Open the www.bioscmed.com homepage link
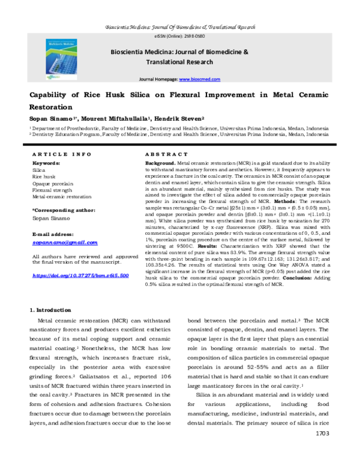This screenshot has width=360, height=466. [x=197, y=80]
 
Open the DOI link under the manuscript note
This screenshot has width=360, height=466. [x=80, y=275]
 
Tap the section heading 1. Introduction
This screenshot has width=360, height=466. [x=50, y=309]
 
